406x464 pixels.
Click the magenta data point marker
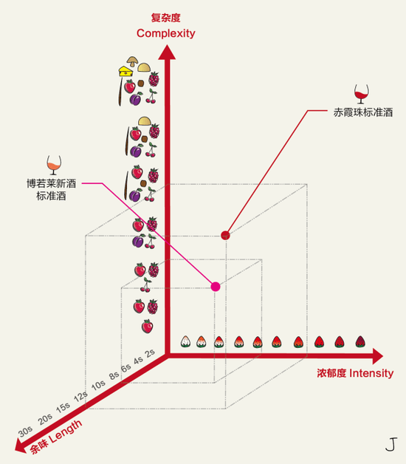click(216, 287)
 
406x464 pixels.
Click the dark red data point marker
click(225, 235)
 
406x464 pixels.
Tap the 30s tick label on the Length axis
click(25, 431)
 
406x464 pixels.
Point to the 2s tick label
click(150, 353)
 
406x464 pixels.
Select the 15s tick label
click(63, 408)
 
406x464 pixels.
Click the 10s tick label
click(98, 385)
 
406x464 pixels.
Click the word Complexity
click(166, 33)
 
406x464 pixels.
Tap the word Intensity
click(371, 373)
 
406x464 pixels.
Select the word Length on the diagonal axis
click(66, 431)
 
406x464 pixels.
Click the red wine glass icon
click(362, 94)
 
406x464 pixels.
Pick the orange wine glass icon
click(54, 165)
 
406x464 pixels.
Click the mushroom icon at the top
click(132, 61)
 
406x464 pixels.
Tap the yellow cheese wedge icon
click(125, 72)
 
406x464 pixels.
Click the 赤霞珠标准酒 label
click(363, 112)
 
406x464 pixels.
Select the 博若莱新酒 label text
click(52, 183)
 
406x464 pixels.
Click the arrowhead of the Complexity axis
click(167, 52)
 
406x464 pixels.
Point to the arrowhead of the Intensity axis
click(378, 356)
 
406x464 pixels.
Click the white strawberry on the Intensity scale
click(185, 341)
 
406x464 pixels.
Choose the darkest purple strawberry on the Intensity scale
click(360, 341)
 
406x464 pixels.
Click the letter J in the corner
click(391, 444)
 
